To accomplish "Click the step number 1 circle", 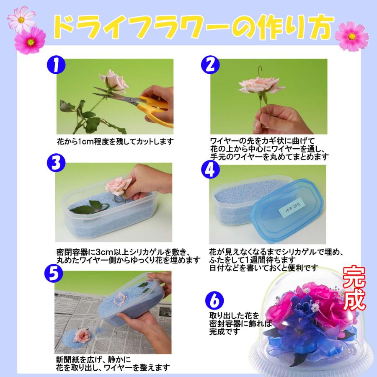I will point(56,66).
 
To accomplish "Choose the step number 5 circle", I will point(53,274).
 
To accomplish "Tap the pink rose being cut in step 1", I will point(113,80).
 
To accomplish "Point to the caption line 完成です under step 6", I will point(224,332).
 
